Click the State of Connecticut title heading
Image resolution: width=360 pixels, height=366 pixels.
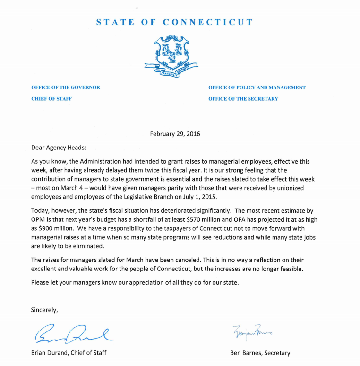click(x=175, y=22)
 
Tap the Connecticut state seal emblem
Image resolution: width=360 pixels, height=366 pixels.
click(x=171, y=55)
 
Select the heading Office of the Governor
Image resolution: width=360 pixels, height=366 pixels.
click(x=66, y=87)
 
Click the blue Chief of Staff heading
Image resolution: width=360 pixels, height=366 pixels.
click(x=51, y=99)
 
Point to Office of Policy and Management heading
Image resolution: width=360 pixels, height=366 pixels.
click(x=257, y=87)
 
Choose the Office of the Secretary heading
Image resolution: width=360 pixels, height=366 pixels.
click(x=243, y=99)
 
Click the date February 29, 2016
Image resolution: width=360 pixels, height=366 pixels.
click(x=175, y=134)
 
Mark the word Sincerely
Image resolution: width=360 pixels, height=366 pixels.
click(x=44, y=310)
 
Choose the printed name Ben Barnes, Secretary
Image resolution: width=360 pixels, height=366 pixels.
click(x=260, y=353)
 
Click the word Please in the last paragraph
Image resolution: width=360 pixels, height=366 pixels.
click(x=41, y=283)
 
